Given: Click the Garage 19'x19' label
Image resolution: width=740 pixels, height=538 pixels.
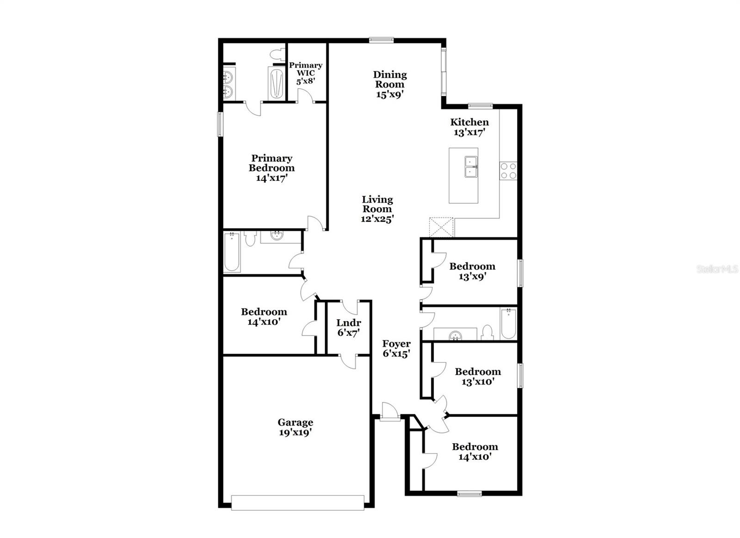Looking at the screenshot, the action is point(296,427).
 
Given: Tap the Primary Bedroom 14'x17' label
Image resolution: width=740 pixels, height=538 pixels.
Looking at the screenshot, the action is point(271,168).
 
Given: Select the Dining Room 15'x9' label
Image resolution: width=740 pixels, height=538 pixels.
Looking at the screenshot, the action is point(390,85).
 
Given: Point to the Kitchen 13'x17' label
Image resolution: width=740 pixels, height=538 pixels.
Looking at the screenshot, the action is point(469,127).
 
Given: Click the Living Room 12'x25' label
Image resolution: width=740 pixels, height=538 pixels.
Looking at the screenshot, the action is point(377,209).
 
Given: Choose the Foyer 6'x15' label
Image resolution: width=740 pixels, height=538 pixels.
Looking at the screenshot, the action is point(396,349).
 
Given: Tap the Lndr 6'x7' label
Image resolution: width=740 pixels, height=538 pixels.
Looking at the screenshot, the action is point(349,328).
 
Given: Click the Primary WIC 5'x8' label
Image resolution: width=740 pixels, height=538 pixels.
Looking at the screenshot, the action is point(306,74).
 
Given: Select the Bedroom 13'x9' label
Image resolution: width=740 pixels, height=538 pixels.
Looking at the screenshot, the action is point(472,272).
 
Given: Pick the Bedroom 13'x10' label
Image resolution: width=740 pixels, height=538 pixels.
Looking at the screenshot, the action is point(478,377).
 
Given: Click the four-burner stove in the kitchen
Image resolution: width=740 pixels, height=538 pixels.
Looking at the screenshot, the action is point(508,171).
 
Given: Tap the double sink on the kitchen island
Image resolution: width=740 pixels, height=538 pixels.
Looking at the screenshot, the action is point(471,167).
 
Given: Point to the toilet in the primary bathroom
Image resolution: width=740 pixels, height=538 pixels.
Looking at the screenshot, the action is point(277,54).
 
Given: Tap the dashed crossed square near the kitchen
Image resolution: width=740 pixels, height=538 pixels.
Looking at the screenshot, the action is point(441,227).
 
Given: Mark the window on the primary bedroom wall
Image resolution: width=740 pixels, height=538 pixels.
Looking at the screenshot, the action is point(220,124).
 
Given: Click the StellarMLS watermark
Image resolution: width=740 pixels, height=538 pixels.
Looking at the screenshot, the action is point(717,269).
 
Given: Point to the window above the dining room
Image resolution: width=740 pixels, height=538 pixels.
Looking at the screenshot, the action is point(381,40).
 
